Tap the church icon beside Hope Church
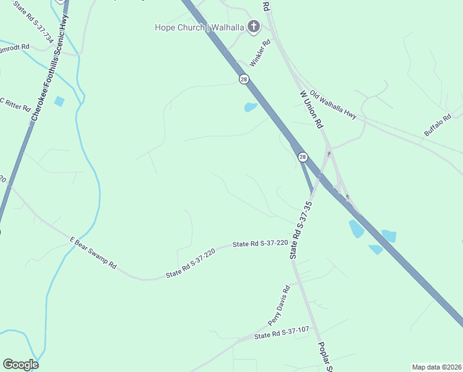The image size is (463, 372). coord(253,26)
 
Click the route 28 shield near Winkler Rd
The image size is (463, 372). coord(244,79)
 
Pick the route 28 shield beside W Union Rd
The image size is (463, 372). coord(303,157)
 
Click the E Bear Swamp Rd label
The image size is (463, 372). coord(93,252)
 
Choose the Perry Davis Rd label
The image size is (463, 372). coord(279,306)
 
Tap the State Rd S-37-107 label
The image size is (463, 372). coord(282,333)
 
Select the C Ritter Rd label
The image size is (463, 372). coord(15,104)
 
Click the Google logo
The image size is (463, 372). coord(20,365)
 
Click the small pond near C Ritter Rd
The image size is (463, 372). coord(59,101)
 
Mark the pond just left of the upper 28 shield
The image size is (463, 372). coord(251,107)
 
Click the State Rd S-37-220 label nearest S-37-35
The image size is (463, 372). coord(261,244)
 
